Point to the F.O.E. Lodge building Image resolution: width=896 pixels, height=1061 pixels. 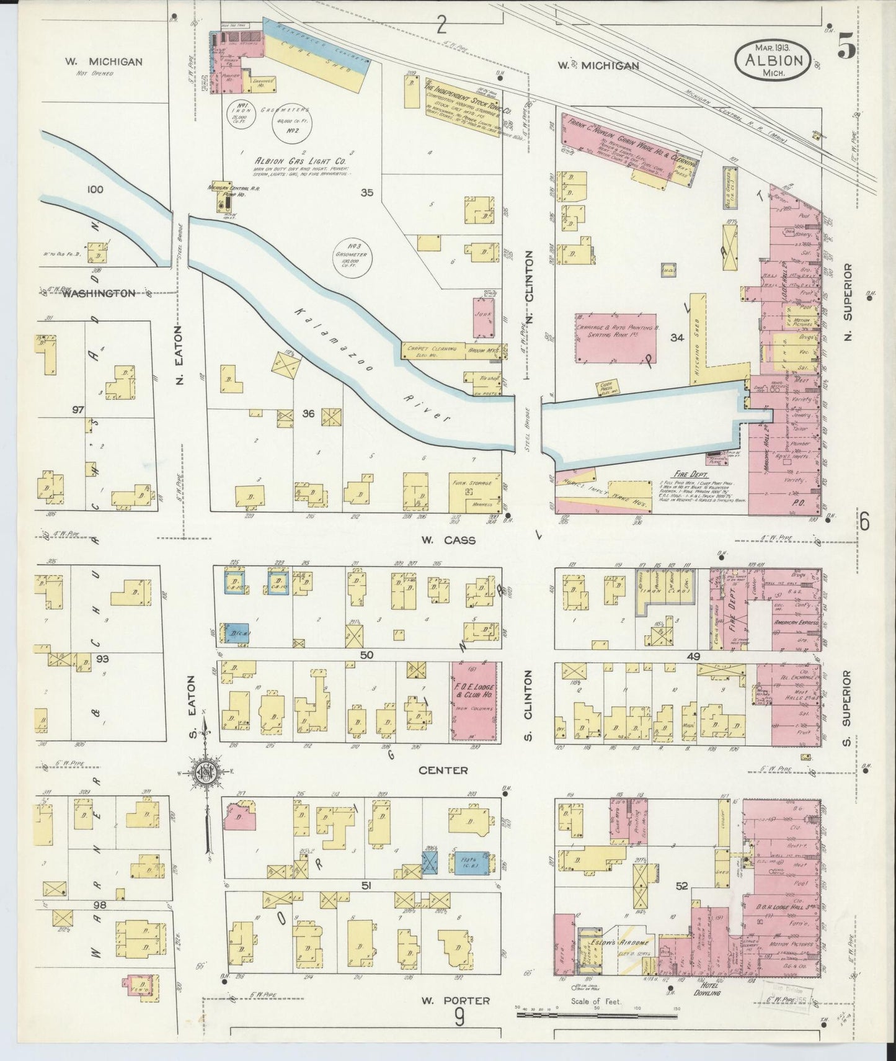(x=476, y=701)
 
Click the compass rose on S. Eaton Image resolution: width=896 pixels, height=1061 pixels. (x=205, y=772)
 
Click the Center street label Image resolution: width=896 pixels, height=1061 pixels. (x=443, y=770)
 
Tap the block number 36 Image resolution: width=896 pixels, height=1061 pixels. (x=308, y=414)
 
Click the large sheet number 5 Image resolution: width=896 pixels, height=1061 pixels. (x=846, y=48)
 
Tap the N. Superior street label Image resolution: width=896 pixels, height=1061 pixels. (x=849, y=302)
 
